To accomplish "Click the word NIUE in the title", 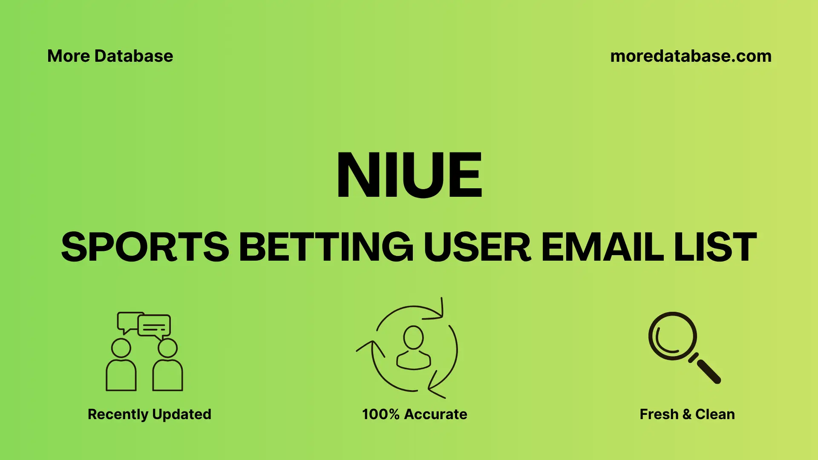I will [x=409, y=175].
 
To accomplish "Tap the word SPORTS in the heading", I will [x=145, y=247].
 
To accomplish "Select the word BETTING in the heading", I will [x=326, y=247].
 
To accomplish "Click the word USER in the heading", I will [x=477, y=247].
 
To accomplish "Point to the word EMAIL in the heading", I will [x=602, y=247].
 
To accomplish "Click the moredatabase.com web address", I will [x=691, y=56].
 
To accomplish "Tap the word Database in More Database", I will [x=134, y=56].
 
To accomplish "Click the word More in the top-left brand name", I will [x=69, y=56].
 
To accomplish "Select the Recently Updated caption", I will [x=149, y=414].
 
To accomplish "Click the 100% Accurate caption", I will [x=415, y=414].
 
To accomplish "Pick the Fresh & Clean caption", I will [x=687, y=414].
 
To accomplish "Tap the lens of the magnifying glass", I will [x=672, y=336].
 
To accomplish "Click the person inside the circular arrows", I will [x=413, y=348].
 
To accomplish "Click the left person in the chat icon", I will [x=121, y=366].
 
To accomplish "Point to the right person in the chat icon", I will [x=167, y=366].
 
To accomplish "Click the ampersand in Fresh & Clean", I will [x=686, y=414].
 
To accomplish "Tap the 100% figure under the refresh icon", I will [x=380, y=414].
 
